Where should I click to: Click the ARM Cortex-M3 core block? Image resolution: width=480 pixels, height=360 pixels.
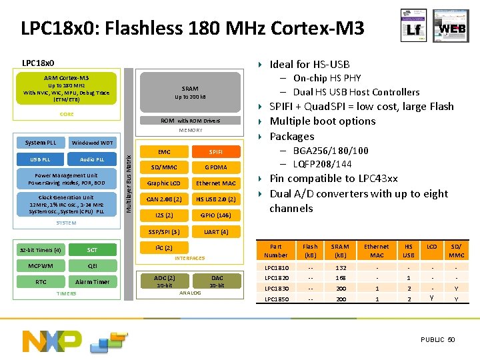(66, 89)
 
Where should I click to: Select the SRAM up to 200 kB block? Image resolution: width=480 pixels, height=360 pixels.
(190, 93)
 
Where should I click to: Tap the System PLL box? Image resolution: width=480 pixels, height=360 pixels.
(41, 143)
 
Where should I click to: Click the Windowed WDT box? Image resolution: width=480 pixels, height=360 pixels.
(92, 143)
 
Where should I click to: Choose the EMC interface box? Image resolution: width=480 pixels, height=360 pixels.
(163, 152)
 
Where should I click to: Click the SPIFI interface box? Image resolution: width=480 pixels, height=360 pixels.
(215, 152)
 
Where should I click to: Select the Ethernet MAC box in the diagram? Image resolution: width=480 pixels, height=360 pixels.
(215, 183)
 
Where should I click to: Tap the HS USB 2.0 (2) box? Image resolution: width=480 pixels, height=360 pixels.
(215, 199)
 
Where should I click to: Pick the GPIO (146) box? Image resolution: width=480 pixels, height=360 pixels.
(215, 215)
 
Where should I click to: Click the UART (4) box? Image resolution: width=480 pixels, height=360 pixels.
(215, 232)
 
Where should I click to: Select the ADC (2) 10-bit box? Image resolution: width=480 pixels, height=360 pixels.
(164, 281)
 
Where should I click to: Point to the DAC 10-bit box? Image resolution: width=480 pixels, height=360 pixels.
(217, 281)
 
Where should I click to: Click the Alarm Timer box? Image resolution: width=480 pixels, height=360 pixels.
(92, 282)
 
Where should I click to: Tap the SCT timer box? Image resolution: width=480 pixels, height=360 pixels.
(92, 250)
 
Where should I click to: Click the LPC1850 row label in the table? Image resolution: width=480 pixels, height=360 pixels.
(276, 299)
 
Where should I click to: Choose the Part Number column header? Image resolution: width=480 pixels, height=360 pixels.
(276, 251)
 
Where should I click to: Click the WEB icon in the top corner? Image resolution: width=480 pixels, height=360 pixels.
(453, 29)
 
